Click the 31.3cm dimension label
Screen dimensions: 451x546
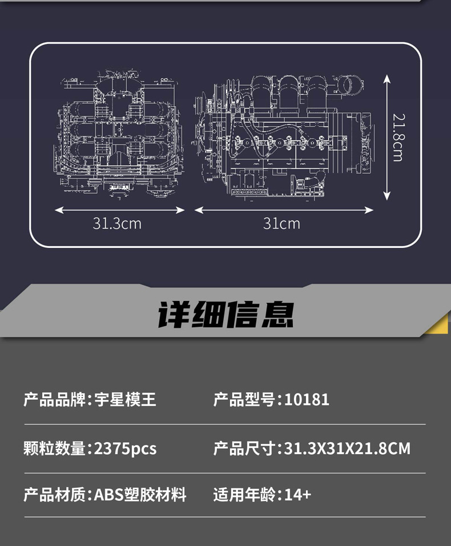tap(117, 223)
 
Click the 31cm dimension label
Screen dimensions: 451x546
tap(281, 223)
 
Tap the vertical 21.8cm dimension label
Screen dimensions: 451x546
tap(398, 137)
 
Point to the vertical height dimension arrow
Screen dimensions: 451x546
tap(386, 137)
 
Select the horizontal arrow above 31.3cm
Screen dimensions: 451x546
tap(120, 210)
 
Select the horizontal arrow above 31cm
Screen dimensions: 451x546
tap(284, 210)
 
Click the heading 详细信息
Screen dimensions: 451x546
tap(226, 315)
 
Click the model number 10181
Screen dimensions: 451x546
tap(307, 399)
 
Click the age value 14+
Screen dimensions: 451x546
tap(297, 494)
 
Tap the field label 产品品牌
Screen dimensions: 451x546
tap(54, 399)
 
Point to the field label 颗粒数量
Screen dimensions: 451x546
tap(54, 448)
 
